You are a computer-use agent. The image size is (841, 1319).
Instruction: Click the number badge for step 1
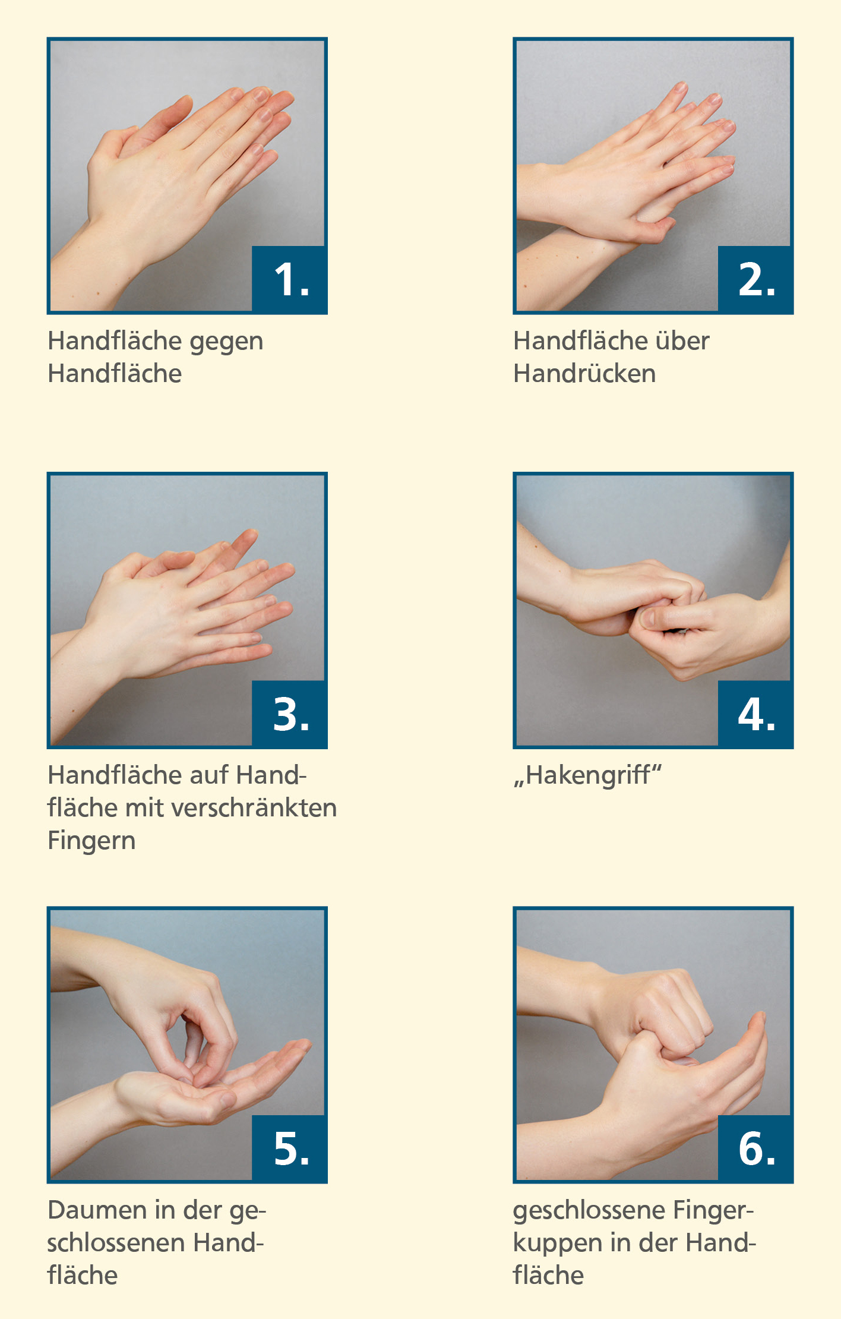coord(290,279)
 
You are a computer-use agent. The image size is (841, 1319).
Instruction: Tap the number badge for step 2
coord(755,279)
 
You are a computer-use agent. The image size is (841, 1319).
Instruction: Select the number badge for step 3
coord(290,714)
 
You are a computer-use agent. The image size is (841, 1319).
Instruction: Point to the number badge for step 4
coord(755,714)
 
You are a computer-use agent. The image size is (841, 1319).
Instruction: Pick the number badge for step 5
coord(290,1148)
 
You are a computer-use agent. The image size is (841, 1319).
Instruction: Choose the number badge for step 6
coord(755,1148)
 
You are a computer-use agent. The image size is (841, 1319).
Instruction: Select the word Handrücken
coord(585,373)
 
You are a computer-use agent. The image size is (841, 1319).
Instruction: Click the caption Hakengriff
coord(588,776)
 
